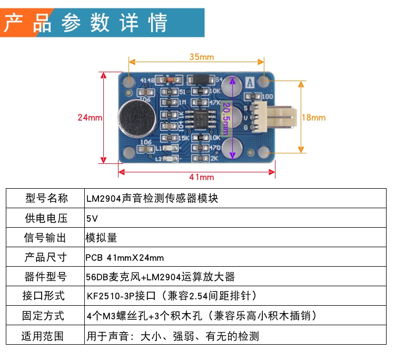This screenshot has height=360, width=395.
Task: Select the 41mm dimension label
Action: tap(201, 177)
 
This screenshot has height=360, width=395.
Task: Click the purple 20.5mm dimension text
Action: tap(226, 119)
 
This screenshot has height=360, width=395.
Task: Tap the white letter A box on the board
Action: tap(249, 82)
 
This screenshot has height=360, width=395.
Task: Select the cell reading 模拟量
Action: tap(101, 238)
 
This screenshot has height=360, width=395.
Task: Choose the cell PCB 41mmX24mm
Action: tap(124, 258)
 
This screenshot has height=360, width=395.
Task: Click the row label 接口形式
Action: tap(44, 296)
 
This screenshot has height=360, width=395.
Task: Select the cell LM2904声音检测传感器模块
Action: tap(153, 199)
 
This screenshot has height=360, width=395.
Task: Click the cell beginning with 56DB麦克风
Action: tap(161, 277)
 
